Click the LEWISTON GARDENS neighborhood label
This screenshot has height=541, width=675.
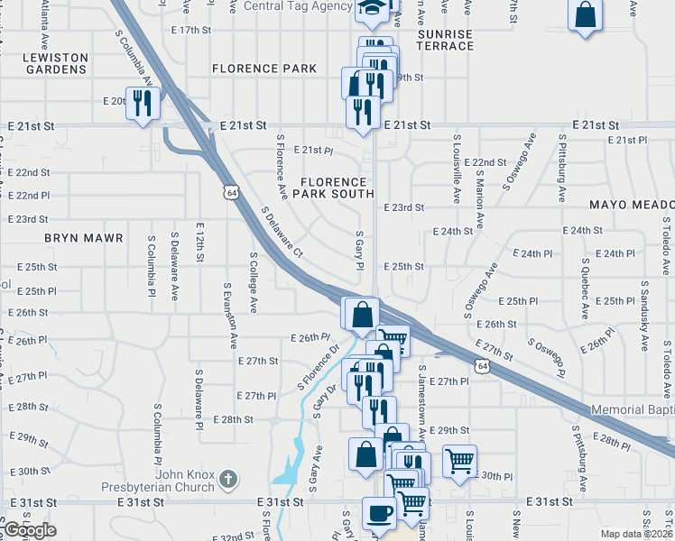(x=56, y=63)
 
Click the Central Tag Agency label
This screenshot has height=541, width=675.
(x=299, y=5)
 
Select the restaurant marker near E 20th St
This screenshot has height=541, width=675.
(x=142, y=103)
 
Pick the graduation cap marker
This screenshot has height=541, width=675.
(x=370, y=9)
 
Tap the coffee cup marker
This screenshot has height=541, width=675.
(x=379, y=513)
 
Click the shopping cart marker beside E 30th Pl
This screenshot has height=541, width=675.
(x=460, y=461)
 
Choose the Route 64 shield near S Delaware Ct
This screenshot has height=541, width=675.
(x=233, y=193)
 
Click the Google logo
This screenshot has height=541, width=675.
(x=30, y=530)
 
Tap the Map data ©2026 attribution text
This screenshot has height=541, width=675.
(x=636, y=533)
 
